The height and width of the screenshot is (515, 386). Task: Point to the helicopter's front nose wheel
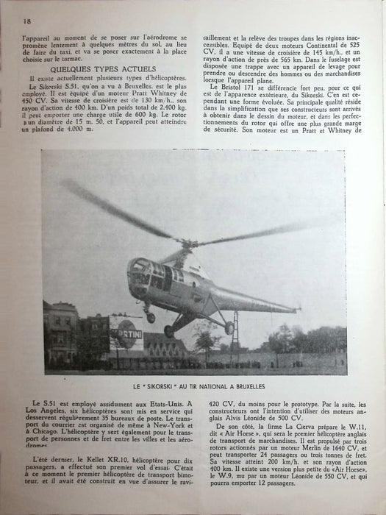pos(151,317)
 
